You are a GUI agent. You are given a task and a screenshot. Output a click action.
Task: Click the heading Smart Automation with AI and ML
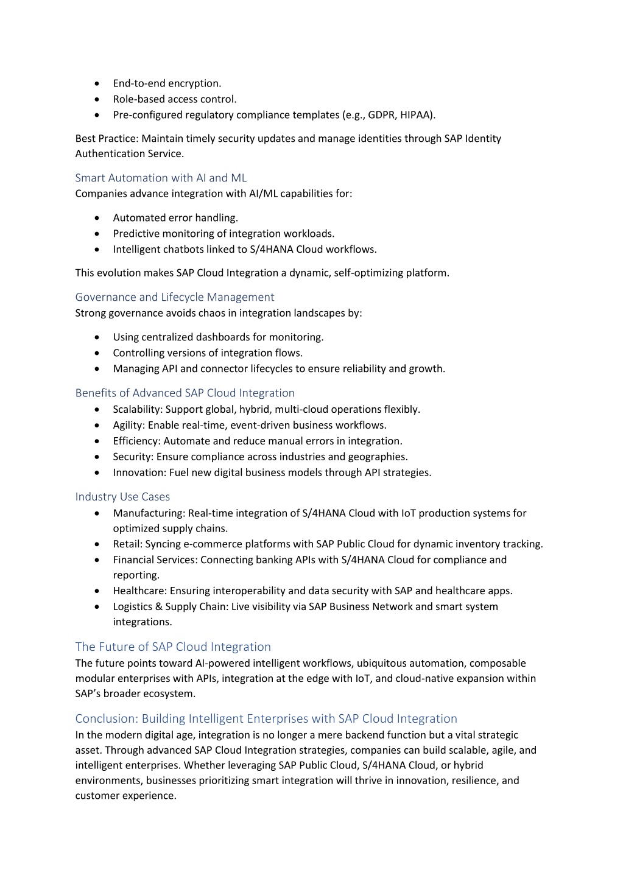(x=161, y=178)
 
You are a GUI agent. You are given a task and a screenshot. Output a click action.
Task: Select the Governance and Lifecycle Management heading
(x=175, y=297)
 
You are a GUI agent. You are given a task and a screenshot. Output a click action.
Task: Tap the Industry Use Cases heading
(x=122, y=497)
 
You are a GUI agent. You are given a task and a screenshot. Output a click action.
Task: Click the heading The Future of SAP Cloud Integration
(x=173, y=647)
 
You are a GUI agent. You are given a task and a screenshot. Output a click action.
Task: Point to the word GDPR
(x=381, y=115)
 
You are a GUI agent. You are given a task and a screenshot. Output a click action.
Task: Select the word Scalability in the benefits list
(x=137, y=410)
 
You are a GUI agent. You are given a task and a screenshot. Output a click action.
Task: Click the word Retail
(x=127, y=544)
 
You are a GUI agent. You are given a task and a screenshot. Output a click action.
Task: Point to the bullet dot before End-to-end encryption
(x=97, y=83)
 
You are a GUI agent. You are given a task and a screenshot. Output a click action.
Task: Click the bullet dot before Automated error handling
(x=97, y=218)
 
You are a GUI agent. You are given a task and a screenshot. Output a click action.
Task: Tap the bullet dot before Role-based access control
(x=97, y=99)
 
